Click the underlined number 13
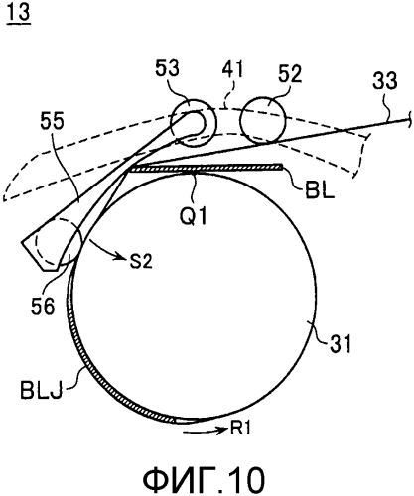19,13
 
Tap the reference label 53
168,68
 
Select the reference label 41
232,68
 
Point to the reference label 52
290,74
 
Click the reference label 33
385,80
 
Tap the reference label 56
43,306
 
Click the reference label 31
340,343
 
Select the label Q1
194,216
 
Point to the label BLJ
41,390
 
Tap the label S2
140,261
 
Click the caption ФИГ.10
204,479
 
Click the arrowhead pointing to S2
122,256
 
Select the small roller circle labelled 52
263,120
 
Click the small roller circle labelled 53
194,123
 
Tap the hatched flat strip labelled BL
205,169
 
